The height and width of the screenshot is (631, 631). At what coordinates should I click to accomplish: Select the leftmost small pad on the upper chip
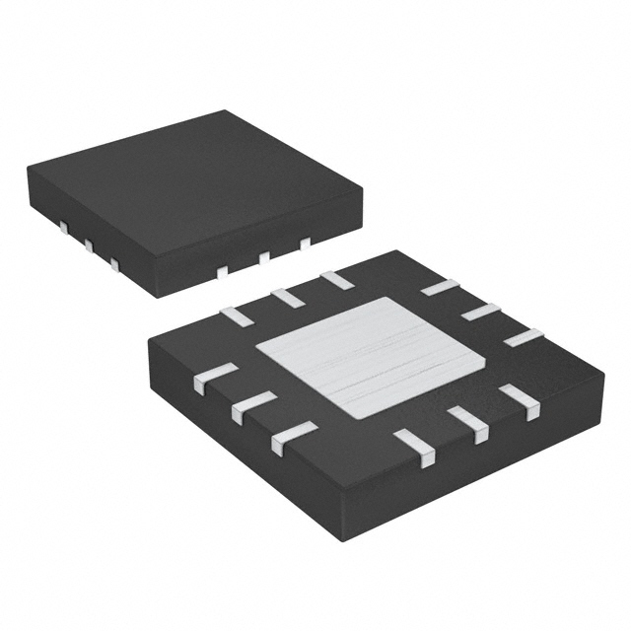pyautogui.click(x=62, y=229)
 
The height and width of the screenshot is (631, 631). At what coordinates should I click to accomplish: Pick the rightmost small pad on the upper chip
pyautogui.click(x=305, y=243)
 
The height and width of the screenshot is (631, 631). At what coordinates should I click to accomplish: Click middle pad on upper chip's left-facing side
pyautogui.click(x=88, y=246)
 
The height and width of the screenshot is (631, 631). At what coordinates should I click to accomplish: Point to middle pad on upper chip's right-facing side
pyautogui.click(x=263, y=257)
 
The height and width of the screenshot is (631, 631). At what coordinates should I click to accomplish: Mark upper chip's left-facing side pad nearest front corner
pyautogui.click(x=114, y=263)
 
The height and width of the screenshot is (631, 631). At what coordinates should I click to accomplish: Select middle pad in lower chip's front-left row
pyautogui.click(x=253, y=406)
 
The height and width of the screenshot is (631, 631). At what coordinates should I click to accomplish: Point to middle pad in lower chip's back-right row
pyautogui.click(x=480, y=312)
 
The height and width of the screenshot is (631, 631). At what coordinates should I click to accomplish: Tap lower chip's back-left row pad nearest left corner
pyautogui.click(x=236, y=315)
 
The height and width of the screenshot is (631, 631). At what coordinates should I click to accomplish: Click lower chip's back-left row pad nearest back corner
pyautogui.click(x=336, y=279)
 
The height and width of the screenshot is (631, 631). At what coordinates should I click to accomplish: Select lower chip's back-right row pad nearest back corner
pyautogui.click(x=439, y=287)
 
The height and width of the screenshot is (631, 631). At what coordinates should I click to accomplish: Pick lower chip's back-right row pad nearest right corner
pyautogui.click(x=524, y=336)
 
